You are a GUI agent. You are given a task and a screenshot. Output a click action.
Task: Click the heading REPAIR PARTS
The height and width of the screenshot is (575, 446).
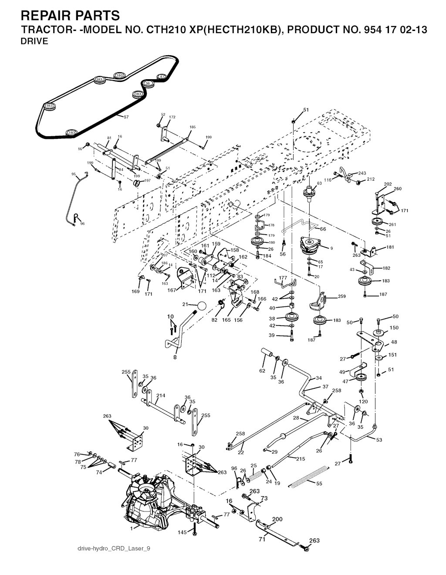[70, 16]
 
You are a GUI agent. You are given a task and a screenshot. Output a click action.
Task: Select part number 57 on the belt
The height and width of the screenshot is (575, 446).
[126, 117]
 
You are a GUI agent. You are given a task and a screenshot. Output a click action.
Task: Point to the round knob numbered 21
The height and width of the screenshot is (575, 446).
[200, 306]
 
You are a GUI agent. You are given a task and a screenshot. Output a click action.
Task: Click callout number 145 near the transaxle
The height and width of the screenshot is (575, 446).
[182, 532]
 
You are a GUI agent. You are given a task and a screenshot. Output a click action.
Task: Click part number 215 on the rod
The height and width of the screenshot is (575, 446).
[301, 459]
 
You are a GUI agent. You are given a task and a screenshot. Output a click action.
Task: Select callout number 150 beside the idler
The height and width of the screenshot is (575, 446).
[394, 328]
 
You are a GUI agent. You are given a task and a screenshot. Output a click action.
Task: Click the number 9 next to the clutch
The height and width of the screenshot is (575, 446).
[331, 248]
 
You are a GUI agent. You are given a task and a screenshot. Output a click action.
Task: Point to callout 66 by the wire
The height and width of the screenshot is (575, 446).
[323, 229]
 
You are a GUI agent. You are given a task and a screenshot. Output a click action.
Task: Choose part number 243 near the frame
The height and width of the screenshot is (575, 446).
[362, 173]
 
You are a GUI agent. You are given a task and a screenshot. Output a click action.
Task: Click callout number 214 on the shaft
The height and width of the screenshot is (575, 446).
[161, 396]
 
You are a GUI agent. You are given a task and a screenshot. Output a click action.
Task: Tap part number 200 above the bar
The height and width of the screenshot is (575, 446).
[277, 519]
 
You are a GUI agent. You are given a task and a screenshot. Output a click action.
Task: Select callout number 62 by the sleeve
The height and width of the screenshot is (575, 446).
[262, 371]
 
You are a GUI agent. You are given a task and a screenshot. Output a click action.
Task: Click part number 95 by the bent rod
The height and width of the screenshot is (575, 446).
[74, 174]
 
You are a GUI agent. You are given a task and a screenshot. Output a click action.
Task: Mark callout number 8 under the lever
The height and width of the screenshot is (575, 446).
[175, 357]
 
